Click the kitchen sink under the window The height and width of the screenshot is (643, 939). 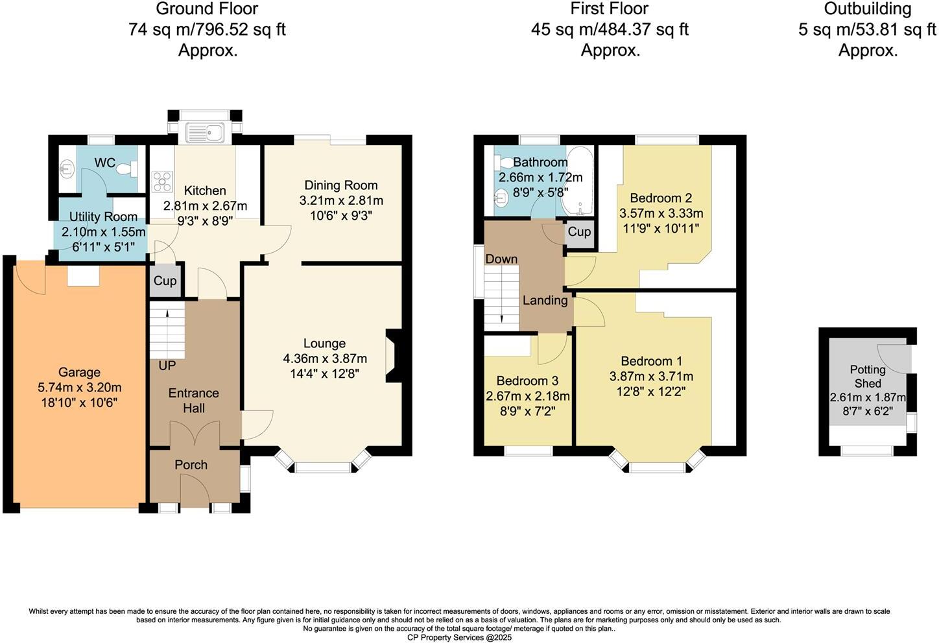[205, 132]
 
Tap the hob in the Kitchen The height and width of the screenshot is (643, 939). [161, 181]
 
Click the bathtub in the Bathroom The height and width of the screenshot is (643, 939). [576, 182]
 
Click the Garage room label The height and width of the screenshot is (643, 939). [79, 372]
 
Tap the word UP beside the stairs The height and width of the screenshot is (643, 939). [167, 366]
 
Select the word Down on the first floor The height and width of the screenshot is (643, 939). [501, 259]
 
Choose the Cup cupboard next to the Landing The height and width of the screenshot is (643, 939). [579, 232]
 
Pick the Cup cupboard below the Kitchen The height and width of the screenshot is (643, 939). [165, 281]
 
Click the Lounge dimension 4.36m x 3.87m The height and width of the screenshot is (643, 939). [324, 358]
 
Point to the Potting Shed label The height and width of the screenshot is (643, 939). [868, 377]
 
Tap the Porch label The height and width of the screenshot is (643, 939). [191, 465]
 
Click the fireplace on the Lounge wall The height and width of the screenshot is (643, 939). [394, 355]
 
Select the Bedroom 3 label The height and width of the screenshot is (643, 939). [527, 380]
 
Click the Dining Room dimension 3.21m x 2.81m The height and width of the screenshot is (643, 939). [340, 200]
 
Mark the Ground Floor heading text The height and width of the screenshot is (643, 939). [208, 9]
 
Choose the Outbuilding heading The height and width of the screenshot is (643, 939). [868, 9]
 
